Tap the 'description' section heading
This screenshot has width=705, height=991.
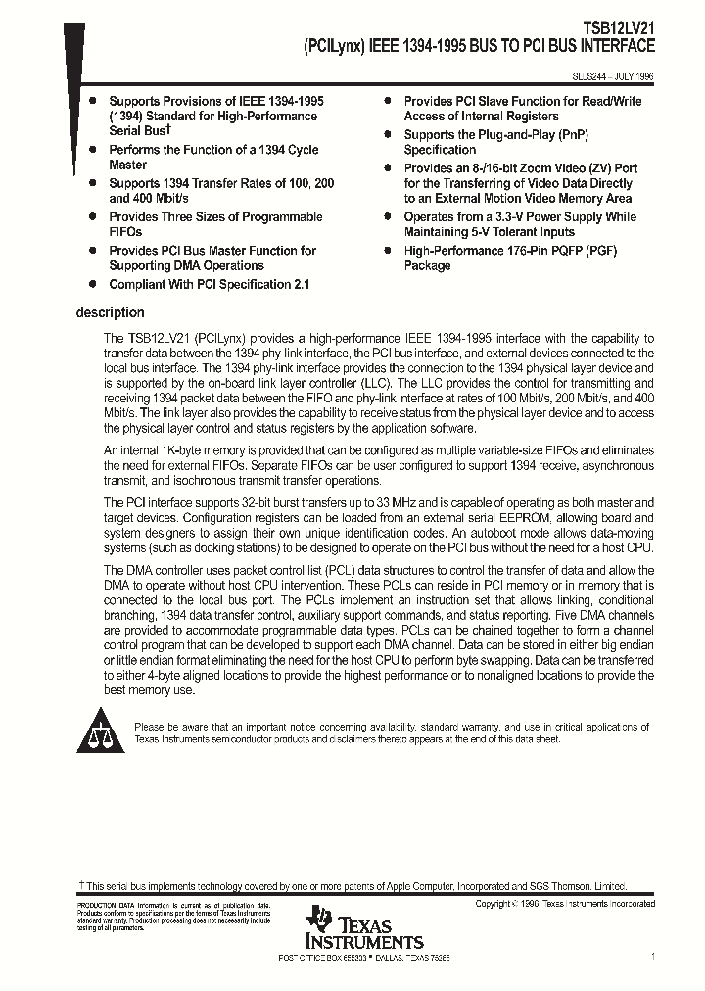coord(110,313)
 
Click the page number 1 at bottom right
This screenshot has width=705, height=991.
coord(652,955)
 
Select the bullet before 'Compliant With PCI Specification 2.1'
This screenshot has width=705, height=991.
coord(92,284)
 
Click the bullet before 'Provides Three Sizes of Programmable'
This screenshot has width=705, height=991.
coord(92,217)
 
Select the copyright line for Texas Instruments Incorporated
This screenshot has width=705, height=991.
coord(565,904)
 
